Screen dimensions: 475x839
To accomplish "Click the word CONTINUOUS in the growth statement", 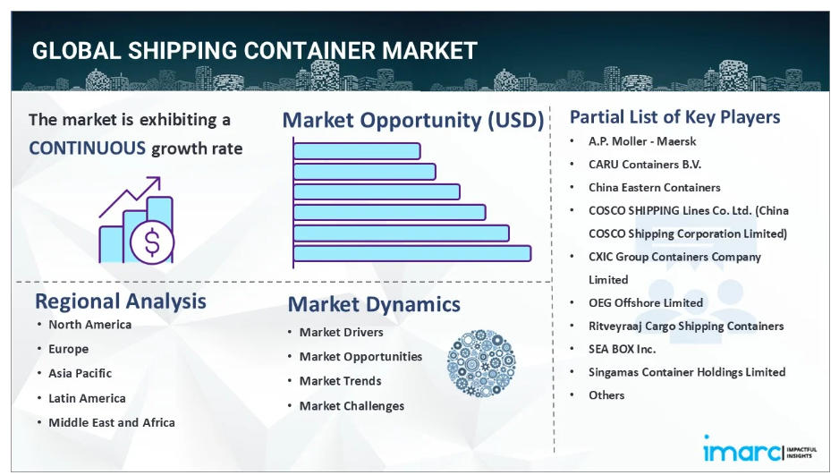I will pyautogui.click(x=87, y=148).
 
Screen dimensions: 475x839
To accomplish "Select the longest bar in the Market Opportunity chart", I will pyautogui.click(x=411, y=253).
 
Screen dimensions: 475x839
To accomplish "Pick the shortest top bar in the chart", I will pyautogui.click(x=356, y=151).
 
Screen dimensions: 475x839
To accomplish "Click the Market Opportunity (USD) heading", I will pyautogui.click(x=412, y=120).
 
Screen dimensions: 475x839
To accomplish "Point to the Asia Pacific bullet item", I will pyautogui.click(x=80, y=373).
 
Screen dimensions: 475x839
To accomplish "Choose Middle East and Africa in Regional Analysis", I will pyautogui.click(x=112, y=422).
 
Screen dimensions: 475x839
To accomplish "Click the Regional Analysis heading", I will pyautogui.click(x=120, y=301).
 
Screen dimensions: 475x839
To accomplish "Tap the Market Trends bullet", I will pyautogui.click(x=340, y=381).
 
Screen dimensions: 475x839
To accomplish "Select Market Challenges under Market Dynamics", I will pyautogui.click(x=352, y=406).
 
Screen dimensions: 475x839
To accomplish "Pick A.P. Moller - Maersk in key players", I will pyautogui.click(x=642, y=141).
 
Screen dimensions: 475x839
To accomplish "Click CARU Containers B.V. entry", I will pyautogui.click(x=645, y=165).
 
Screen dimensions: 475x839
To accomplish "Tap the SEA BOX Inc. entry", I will pyautogui.click(x=622, y=349).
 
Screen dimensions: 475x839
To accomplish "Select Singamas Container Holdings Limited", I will pyautogui.click(x=687, y=372).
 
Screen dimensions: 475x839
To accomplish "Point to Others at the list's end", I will pyautogui.click(x=606, y=395).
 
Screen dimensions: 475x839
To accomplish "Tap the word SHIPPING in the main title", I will pyautogui.click(x=167, y=51).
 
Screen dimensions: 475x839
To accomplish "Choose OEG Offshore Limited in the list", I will pyautogui.click(x=646, y=303).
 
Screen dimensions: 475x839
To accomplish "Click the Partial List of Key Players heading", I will pyautogui.click(x=674, y=117).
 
